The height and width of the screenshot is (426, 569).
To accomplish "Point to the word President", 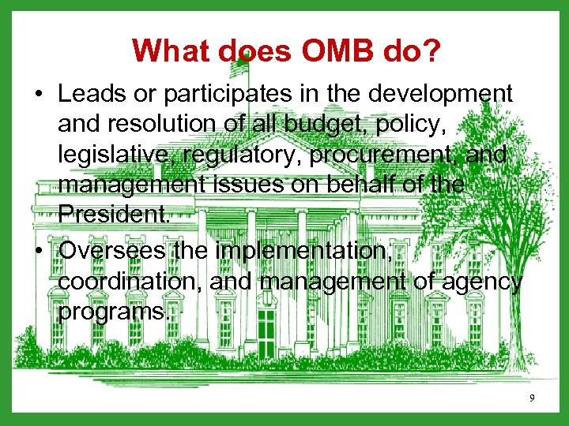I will click(112, 216).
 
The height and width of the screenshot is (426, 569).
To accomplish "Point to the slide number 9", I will click(532, 398).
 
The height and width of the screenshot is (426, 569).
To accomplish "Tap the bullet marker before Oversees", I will click(39, 251).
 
